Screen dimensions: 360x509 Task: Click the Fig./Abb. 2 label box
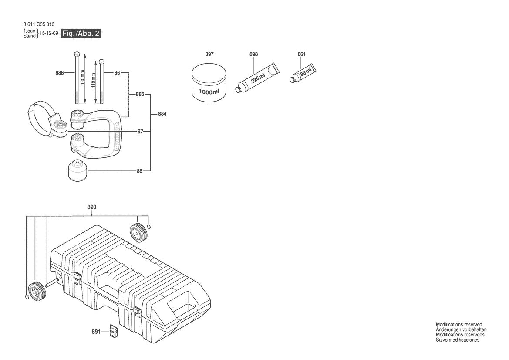[81, 34]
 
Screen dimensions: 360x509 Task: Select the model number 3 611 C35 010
[39, 24]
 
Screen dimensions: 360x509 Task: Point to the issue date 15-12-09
[49, 34]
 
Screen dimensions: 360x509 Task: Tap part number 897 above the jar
[209, 54]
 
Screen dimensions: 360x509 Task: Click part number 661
[301, 54]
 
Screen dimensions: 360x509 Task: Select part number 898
[253, 54]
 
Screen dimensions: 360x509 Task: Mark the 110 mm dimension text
[93, 81]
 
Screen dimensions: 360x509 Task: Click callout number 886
[60, 73]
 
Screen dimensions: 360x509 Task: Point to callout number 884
[162, 114]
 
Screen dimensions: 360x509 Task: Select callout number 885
[140, 94]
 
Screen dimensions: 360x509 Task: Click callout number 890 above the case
[91, 207]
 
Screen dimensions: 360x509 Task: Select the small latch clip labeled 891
[114, 331]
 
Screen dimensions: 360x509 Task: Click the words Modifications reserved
[458, 324]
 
